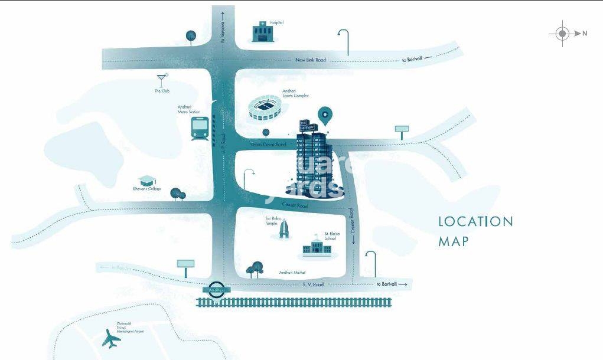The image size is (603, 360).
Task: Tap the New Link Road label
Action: pyautogui.click(x=311, y=60)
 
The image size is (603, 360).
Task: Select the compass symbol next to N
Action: pyautogui.click(x=562, y=34)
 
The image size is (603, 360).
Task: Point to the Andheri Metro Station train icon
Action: pyautogui.click(x=199, y=127)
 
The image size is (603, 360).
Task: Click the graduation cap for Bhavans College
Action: pyautogui.click(x=145, y=180)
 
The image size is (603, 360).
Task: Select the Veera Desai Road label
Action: pyautogui.click(x=268, y=145)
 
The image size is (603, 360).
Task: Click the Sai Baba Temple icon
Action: pyautogui.click(x=283, y=229)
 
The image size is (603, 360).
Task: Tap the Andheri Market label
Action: pyautogui.click(x=292, y=273)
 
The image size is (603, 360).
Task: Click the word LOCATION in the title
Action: pyautogui.click(x=475, y=222)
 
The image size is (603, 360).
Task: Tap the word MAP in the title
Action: pyautogui.click(x=454, y=241)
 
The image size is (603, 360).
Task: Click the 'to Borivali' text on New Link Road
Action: pyautogui.click(x=413, y=59)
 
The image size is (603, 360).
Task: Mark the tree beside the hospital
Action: pyautogui.click(x=190, y=37)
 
